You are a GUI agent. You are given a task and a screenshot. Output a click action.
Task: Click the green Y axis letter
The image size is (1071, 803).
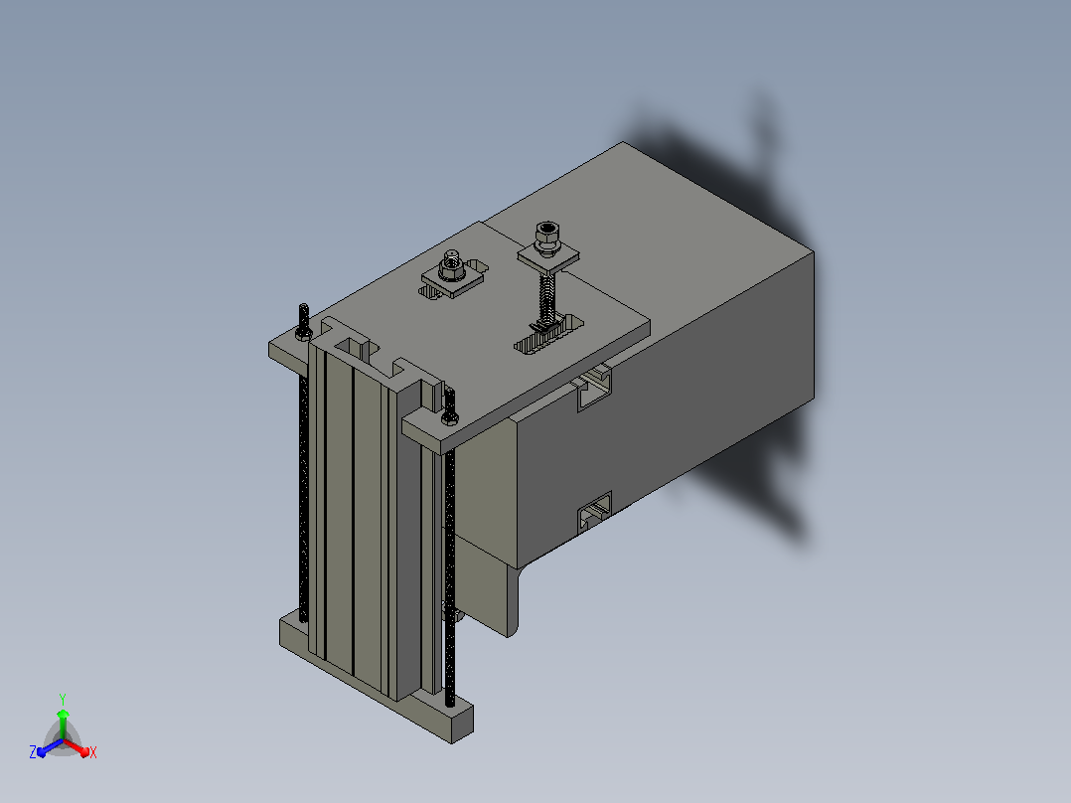click(x=63, y=699)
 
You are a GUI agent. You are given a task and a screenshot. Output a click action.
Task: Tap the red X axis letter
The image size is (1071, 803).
click(x=93, y=752)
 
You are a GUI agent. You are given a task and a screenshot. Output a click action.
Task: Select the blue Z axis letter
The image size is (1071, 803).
click(x=33, y=751)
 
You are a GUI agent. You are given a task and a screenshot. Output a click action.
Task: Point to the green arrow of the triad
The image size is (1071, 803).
click(x=63, y=723)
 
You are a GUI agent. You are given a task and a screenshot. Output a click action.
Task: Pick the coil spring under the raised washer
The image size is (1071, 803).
click(x=546, y=296)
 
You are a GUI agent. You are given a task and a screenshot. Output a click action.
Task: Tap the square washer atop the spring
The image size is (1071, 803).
click(x=548, y=258)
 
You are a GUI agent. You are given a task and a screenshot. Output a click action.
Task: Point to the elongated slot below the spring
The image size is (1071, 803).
click(x=549, y=335)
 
